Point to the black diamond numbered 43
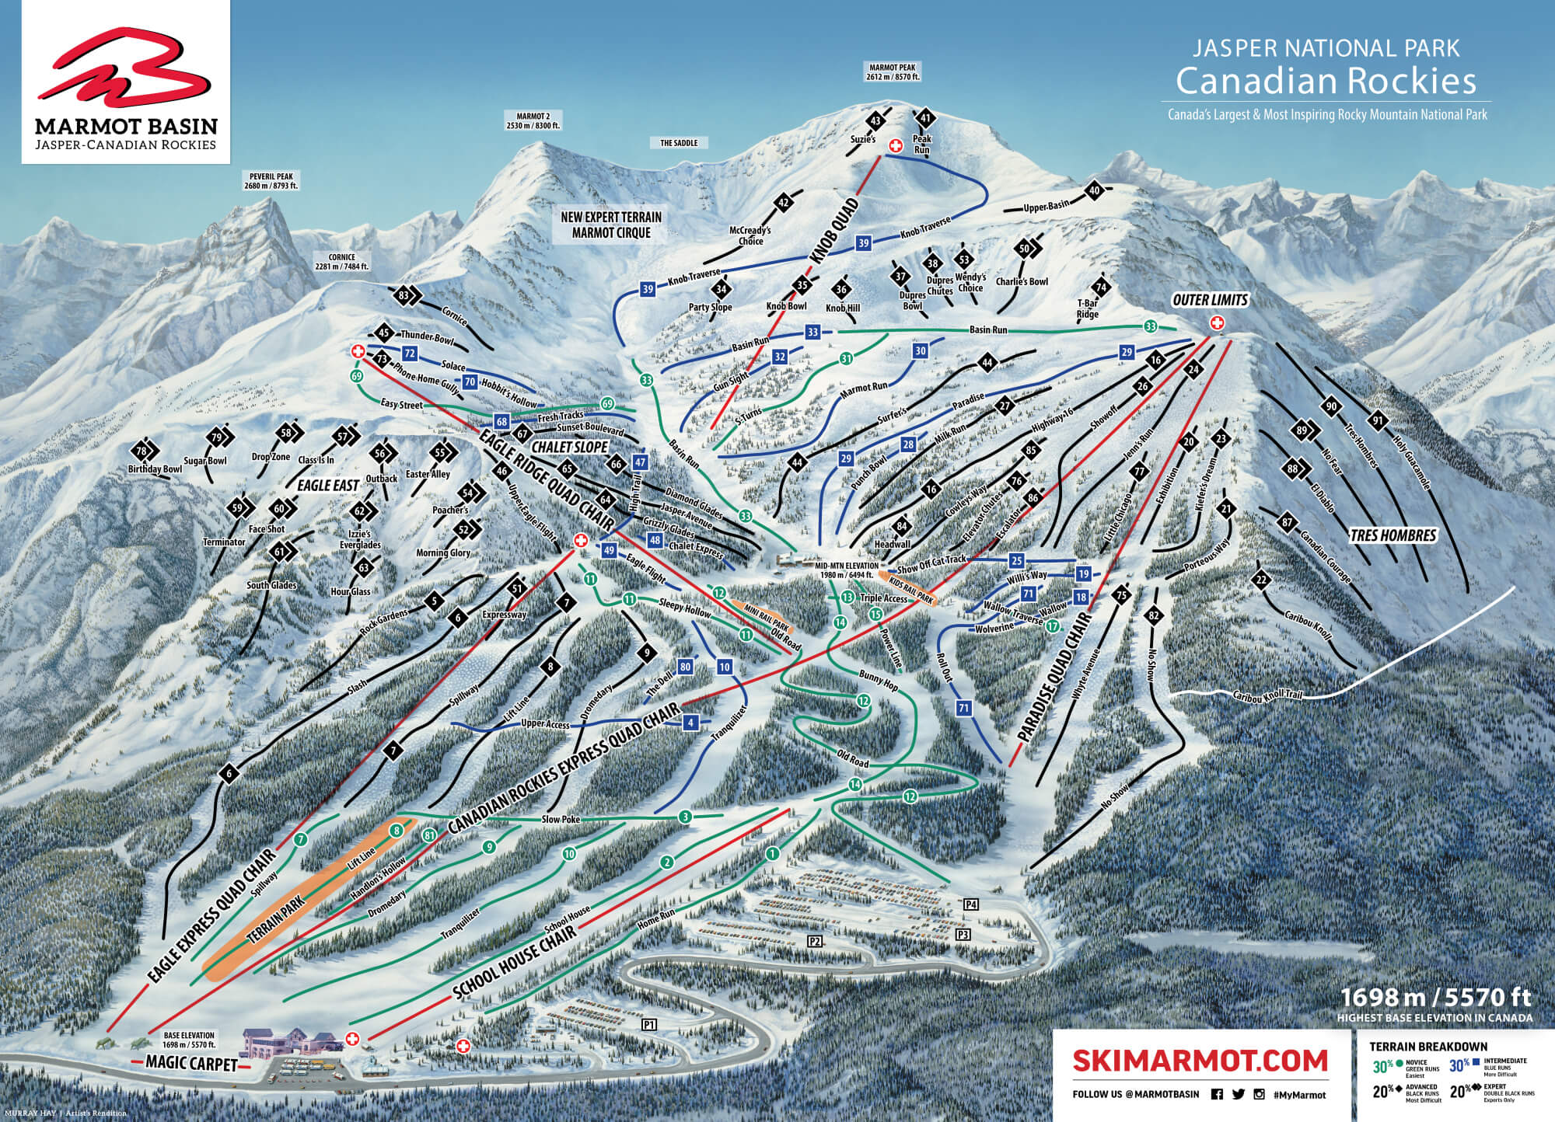[x=876, y=120]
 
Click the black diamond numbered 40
[x=1095, y=190]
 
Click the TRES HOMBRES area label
[x=1392, y=535]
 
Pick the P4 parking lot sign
[x=970, y=904]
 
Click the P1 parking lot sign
[x=649, y=1025]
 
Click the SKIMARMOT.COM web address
[x=1189, y=1060]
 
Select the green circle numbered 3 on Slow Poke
[x=684, y=817]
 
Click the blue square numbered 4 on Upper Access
[x=689, y=723]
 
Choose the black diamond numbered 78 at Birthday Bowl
[x=142, y=451]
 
